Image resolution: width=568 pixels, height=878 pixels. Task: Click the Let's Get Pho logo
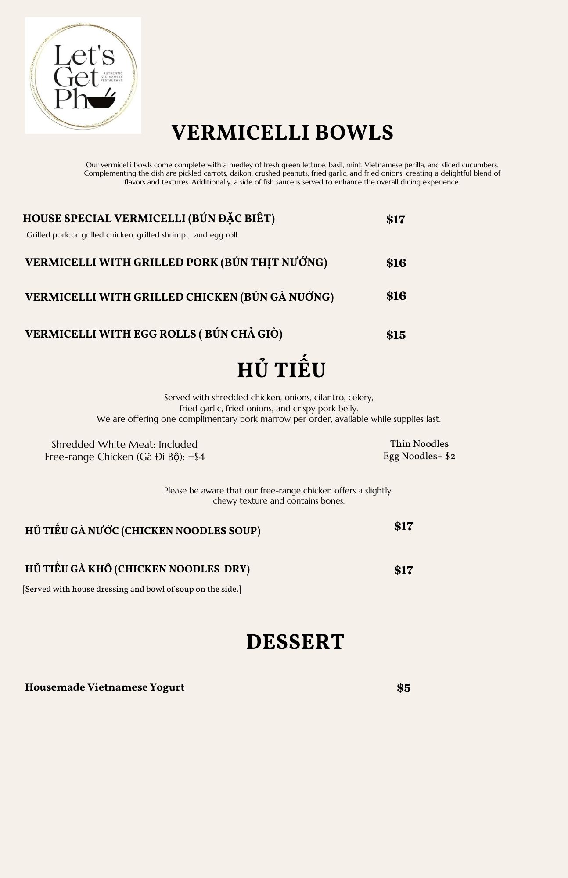83,76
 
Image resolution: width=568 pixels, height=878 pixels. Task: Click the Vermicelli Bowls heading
282,133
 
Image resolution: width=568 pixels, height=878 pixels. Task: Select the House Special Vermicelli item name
149,219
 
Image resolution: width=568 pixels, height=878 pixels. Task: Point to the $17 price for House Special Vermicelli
395,219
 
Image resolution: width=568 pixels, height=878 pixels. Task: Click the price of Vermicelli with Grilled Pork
396,263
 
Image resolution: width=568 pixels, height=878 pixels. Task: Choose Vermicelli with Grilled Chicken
179,297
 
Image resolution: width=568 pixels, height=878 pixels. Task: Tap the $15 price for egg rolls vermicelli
395,335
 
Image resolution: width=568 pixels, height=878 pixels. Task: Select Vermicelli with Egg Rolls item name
154,334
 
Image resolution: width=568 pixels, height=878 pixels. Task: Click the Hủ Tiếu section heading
281,370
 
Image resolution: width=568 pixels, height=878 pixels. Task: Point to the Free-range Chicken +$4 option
125,457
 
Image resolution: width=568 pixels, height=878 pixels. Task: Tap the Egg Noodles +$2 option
419,456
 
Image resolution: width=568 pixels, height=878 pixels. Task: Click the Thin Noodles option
419,444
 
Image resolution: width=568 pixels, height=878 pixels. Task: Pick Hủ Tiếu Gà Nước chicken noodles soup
143,531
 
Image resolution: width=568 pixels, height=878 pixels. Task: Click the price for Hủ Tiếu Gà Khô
403,570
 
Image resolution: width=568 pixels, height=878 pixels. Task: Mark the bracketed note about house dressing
132,589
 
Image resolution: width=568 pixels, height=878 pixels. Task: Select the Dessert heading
295,642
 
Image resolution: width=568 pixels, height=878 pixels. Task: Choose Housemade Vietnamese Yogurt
104,687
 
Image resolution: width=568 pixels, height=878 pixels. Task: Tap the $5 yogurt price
403,688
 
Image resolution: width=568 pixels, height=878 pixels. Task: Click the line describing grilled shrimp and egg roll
133,235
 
